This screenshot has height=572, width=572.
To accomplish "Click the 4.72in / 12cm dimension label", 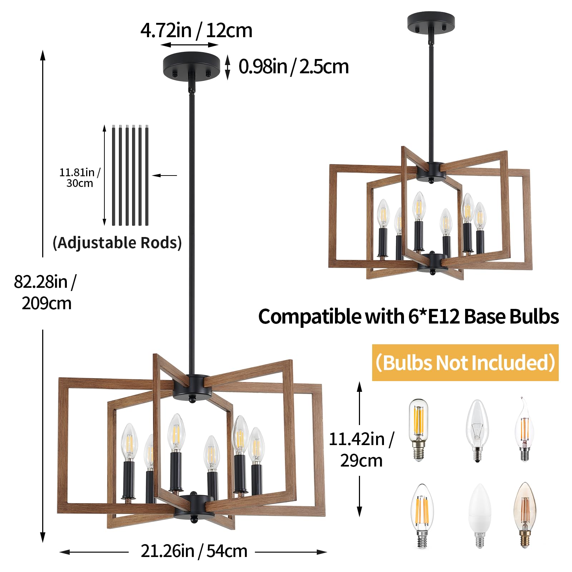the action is (196, 30).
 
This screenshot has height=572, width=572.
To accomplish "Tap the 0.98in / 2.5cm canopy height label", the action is (294, 67).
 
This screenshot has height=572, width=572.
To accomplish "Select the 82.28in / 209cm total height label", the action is (45, 292).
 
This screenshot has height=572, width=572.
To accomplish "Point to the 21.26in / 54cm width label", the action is (194, 551).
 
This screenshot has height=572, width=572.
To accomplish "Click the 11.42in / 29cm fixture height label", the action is (361, 450).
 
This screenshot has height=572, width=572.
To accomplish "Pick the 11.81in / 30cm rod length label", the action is (80, 178).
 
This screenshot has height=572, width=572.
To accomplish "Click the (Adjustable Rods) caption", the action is (117, 243).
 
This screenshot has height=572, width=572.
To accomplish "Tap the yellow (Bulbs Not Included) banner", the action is (465, 363).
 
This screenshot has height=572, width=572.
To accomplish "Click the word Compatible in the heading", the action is (310, 317).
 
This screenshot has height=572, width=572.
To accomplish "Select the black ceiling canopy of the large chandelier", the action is (192, 65).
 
